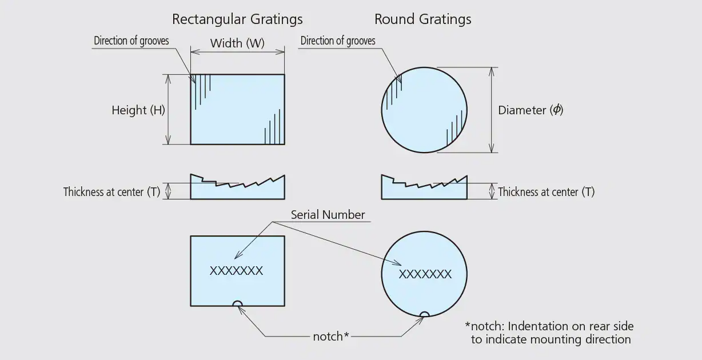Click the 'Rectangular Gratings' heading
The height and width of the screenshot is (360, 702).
(237, 19)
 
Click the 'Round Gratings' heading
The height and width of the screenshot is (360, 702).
(422, 19)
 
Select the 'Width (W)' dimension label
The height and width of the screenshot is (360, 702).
(237, 43)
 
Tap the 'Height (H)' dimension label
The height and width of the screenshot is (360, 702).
(138, 110)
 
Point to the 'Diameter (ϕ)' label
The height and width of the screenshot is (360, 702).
(531, 110)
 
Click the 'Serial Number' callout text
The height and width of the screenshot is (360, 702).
(328, 215)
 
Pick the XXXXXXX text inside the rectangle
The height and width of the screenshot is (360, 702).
(236, 271)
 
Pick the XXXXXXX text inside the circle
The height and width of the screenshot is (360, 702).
(425, 274)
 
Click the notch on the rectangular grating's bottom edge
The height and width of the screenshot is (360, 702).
(237, 303)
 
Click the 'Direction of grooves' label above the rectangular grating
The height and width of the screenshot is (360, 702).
(131, 41)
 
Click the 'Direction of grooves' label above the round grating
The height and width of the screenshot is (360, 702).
(338, 41)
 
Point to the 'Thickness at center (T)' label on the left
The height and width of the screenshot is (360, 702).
(111, 192)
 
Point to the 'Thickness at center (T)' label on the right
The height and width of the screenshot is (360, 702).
(546, 192)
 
